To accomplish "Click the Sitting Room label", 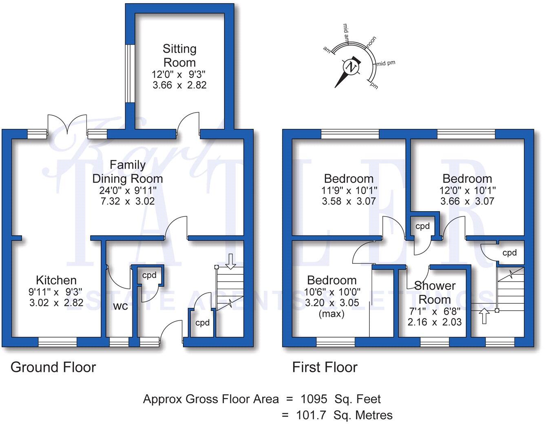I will click(179, 55).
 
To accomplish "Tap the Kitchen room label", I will click(56, 280).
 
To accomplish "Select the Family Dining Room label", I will click(128, 172).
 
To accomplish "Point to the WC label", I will click(120, 307).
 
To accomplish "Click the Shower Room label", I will click(435, 292).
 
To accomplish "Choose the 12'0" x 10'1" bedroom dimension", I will click(467, 190).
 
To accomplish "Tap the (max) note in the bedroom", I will click(332, 314).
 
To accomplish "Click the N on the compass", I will click(351, 67).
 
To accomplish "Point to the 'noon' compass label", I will click(371, 42).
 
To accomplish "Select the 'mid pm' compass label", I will click(386, 64).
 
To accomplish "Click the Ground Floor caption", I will click(53, 367).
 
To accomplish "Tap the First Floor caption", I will click(325, 367).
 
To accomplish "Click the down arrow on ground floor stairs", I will click(231, 261).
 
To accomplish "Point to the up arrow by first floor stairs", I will click(484, 316).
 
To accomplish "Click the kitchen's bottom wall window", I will click(57, 342).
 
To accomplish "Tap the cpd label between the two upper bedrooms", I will click(423, 226).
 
